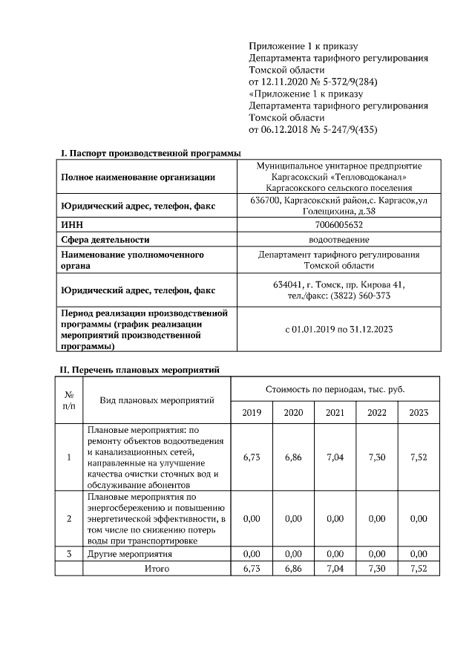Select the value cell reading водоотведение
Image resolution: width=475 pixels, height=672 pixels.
coord(338,239)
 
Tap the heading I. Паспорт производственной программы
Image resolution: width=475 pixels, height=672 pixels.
coord(150,153)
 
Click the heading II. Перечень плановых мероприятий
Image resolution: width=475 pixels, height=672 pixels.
coord(140,369)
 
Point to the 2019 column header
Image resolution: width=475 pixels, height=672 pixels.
coord(252,412)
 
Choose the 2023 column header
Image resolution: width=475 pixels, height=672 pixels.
coord(419,412)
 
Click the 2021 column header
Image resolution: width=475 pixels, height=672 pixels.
coord(335,412)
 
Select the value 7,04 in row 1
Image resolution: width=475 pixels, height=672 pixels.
coord(335,457)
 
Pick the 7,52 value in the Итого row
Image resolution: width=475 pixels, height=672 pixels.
coord(419,569)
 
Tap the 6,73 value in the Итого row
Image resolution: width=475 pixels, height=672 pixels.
coord(252,569)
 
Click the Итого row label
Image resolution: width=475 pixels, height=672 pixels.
coord(157,569)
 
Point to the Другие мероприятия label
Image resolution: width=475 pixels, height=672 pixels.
coord(130,554)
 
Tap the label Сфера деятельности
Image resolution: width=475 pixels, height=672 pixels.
coord(105,239)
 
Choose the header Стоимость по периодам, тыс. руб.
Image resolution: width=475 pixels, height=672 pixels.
coord(335,390)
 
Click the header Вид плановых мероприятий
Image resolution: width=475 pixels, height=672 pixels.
coord(157,401)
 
